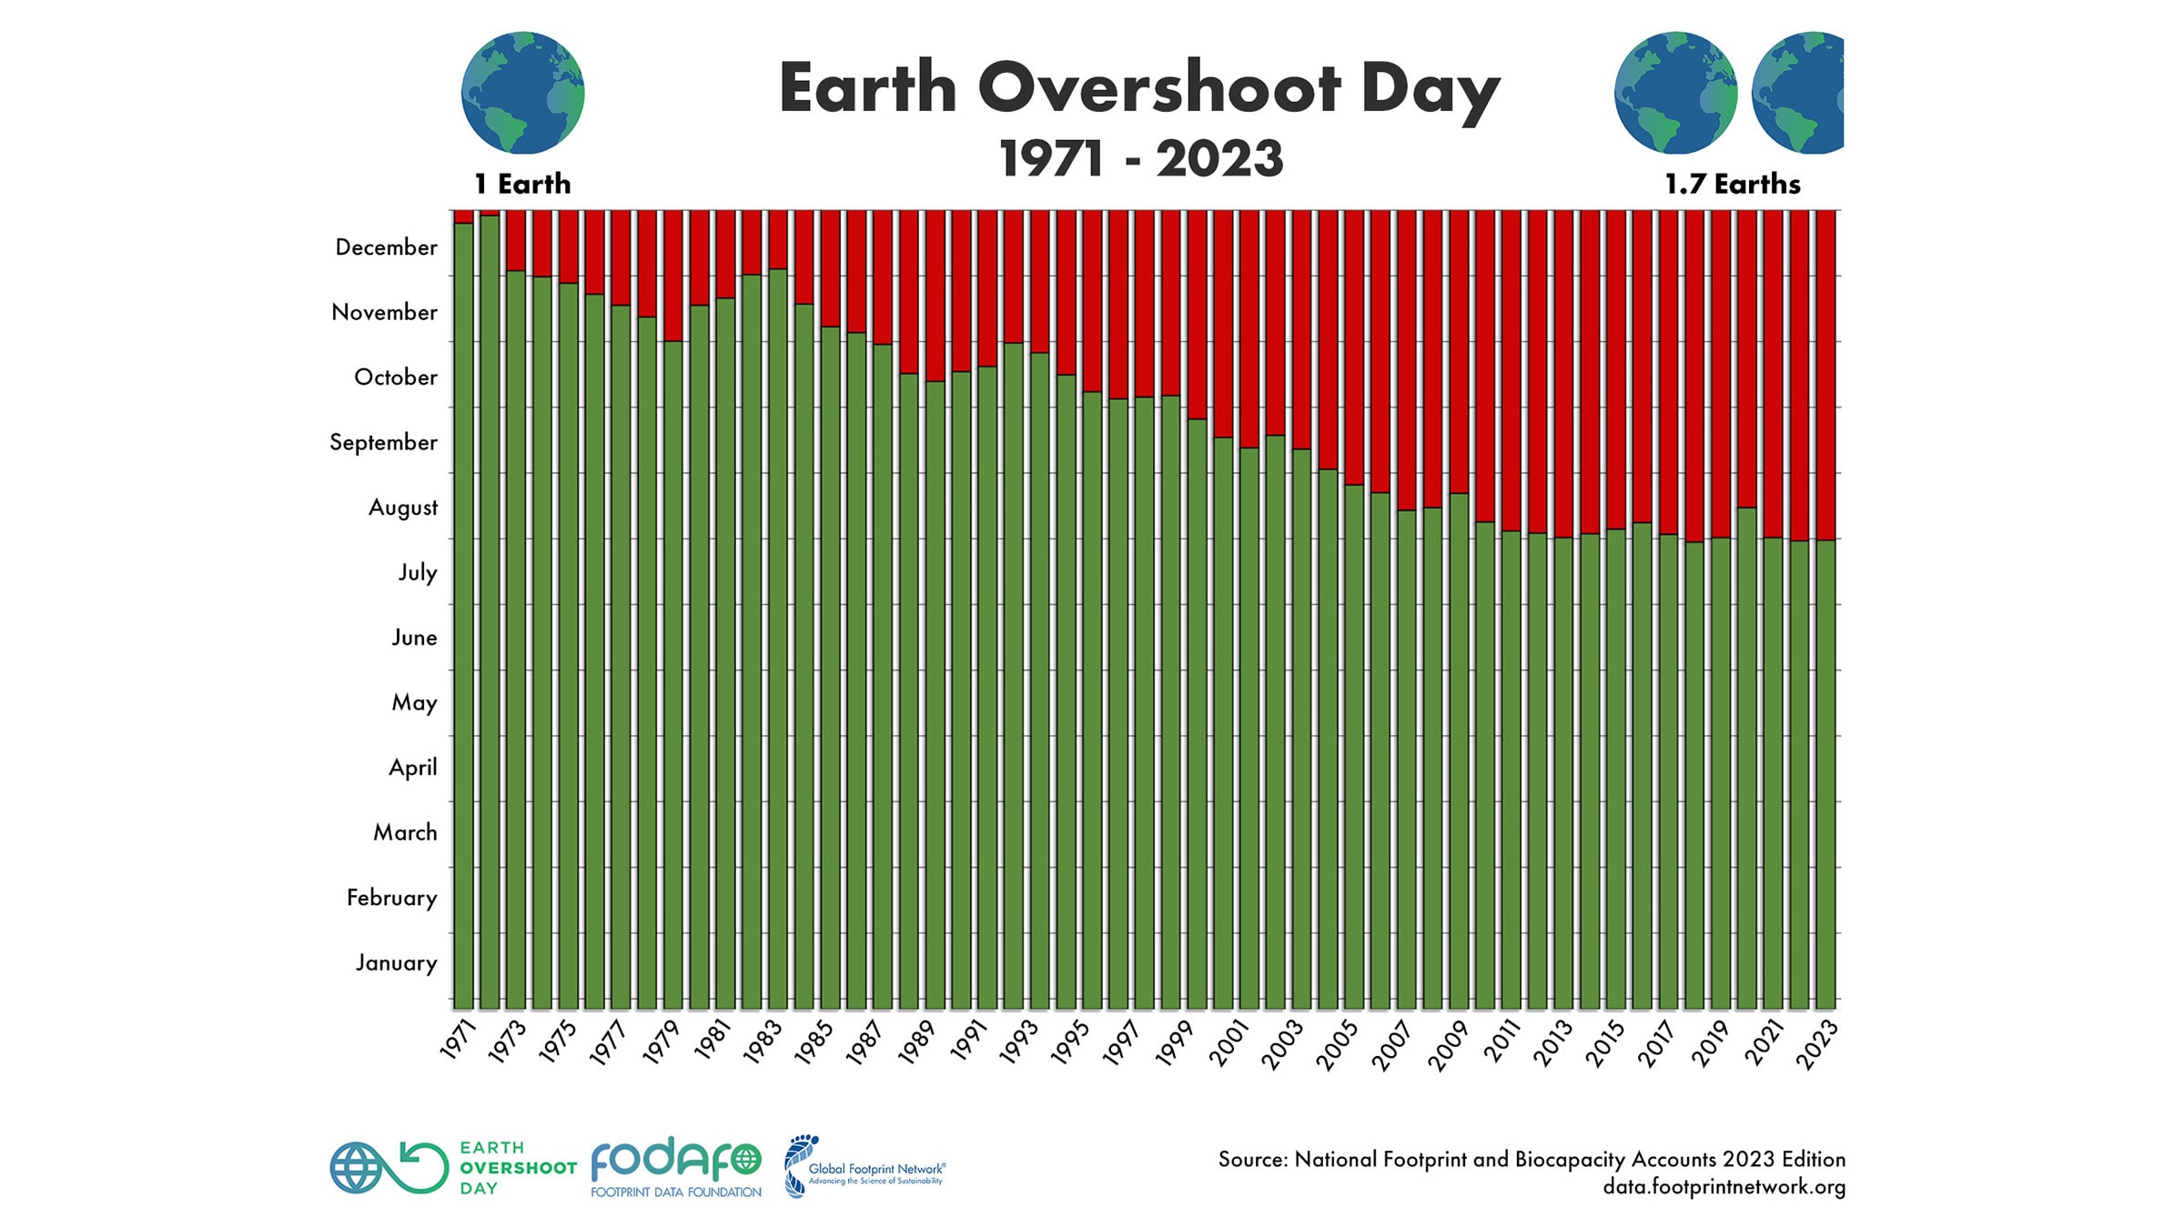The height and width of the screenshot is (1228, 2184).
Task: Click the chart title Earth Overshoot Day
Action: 1139,89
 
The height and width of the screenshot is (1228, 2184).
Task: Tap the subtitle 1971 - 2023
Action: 1141,159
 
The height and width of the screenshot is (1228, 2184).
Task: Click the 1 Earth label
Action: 522,184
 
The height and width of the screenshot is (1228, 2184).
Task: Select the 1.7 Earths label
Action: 1733,185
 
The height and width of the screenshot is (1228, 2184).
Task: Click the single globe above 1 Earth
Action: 522,93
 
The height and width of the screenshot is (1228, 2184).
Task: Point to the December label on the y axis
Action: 386,247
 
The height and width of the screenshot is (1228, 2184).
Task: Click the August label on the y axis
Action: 402,508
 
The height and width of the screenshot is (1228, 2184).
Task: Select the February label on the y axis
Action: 391,898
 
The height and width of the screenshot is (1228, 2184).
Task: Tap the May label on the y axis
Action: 414,702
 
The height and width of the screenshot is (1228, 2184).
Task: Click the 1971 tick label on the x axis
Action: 458,1040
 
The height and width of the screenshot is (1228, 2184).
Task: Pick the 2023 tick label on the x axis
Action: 1817,1042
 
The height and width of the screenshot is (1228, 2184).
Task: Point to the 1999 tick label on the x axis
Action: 1174,1042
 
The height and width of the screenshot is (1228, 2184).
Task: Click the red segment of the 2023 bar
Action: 1825,373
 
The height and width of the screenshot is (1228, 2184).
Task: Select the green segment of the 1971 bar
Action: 463,619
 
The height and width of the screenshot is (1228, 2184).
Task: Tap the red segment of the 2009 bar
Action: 1459,350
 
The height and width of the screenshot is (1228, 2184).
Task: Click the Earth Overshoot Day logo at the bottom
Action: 453,1168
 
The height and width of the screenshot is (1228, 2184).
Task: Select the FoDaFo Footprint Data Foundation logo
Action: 675,1166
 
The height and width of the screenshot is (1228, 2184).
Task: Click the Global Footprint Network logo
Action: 864,1167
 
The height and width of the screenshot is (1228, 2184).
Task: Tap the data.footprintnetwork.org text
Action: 1724,1187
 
